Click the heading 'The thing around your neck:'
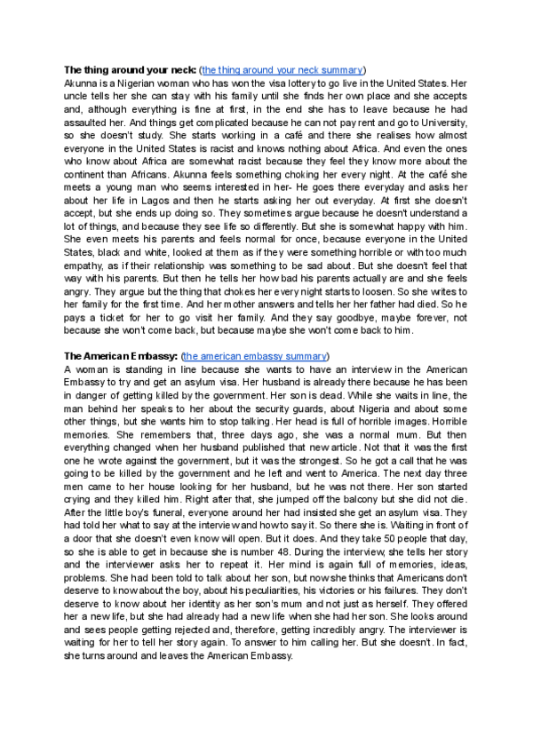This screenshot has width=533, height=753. (130, 69)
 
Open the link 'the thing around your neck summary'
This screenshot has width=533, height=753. (282, 69)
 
